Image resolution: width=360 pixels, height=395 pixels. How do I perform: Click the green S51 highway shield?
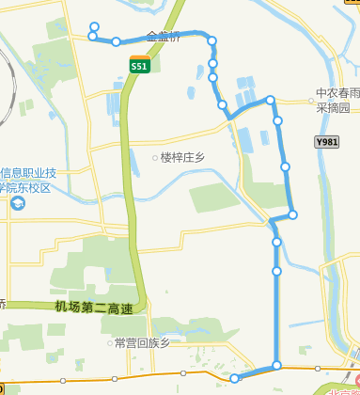tap(139, 66)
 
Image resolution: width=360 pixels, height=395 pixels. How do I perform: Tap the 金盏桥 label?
tap(164, 39)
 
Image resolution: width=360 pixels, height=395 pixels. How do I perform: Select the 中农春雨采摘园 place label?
tap(337, 101)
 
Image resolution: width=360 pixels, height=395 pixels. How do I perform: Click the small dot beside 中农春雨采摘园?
tap(310, 94)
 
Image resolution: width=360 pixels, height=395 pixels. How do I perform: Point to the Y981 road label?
tap(326, 142)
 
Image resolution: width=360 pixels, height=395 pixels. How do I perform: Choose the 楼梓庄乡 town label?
tap(183, 158)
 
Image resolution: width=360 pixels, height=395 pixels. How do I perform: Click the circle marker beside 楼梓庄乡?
tap(155, 158)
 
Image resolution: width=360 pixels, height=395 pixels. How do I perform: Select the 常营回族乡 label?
tap(141, 343)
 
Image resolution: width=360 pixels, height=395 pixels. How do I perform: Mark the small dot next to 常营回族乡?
tap(109, 343)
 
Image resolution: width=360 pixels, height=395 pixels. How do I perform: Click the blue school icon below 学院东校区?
tap(19, 204)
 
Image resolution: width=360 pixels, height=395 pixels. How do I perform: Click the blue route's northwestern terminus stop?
tap(93, 26)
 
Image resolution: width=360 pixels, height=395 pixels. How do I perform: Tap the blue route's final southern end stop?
tap(235, 378)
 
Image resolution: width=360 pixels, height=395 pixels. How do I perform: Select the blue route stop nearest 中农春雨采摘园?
tap(271, 100)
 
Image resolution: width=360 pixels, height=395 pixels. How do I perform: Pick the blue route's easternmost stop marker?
tap(293, 215)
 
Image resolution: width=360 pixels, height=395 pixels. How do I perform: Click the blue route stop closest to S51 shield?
tap(116, 41)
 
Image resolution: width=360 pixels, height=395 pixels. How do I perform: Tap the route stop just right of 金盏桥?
tap(212, 40)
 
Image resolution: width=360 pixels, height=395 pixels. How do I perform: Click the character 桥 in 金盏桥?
tap(175, 39)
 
